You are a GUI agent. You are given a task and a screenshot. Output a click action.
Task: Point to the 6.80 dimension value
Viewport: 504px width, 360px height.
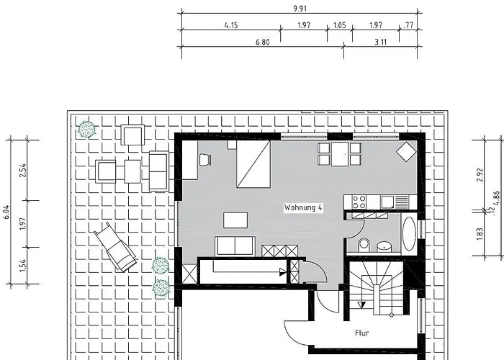click(262, 42)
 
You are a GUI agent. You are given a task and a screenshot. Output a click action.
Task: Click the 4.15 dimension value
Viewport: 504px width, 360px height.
click(231, 26)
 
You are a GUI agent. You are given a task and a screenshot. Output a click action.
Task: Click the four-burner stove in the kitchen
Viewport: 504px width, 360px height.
click(358, 201)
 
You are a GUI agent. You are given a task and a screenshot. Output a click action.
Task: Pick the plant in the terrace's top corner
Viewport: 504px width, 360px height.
click(87, 130)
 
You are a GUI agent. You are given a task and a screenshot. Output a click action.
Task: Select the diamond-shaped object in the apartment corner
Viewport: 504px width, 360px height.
click(405, 151)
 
